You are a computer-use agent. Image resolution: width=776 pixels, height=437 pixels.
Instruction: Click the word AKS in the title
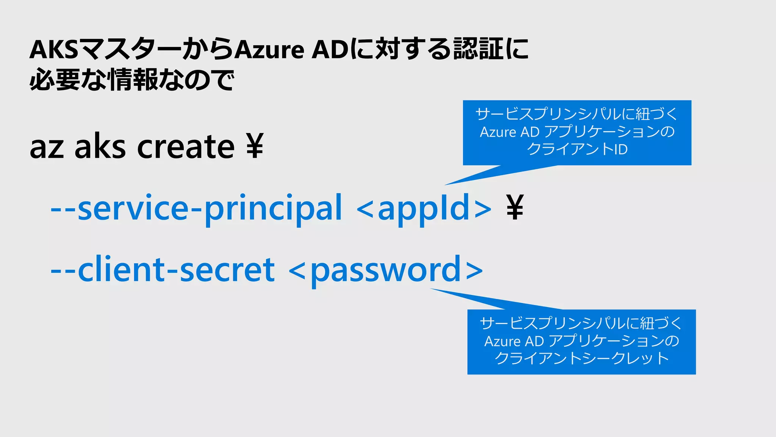tap(54, 50)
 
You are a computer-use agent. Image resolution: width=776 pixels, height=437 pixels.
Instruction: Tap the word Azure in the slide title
tap(269, 50)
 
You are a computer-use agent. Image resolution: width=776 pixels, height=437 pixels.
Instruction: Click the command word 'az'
tap(47, 147)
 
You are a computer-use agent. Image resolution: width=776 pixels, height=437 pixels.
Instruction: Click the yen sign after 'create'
tap(255, 146)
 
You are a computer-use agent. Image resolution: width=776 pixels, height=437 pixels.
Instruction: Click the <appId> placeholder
tap(424, 208)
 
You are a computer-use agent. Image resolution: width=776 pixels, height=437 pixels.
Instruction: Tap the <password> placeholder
tap(386, 270)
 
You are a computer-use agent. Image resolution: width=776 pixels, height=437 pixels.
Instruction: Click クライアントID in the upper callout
tap(577, 149)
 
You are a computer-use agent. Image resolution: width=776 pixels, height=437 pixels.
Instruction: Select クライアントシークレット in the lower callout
tap(582, 358)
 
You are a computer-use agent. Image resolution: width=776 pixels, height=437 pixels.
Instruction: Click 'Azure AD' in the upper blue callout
tap(509, 132)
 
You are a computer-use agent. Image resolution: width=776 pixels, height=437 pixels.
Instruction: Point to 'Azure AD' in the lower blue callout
tap(514, 341)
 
